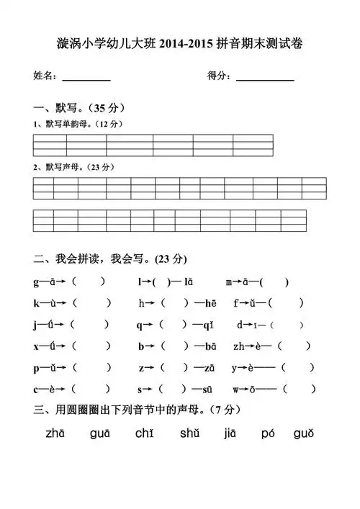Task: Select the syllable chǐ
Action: point(144,433)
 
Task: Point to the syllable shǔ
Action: point(190,433)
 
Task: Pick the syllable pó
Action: point(268,433)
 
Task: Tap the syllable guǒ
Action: point(304,433)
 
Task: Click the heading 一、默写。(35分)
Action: point(81,108)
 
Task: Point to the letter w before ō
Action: point(237,389)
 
